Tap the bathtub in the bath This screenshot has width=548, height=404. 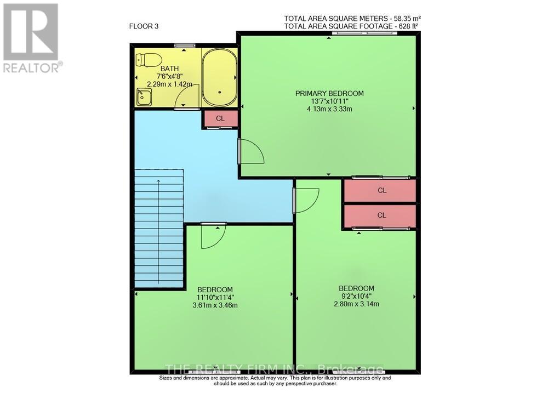click(x=219, y=77)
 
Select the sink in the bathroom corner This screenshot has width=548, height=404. click(x=144, y=98)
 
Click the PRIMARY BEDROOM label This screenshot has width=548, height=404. click(x=329, y=93)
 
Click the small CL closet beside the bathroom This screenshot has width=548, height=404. click(x=220, y=118)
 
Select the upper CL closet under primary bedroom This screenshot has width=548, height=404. click(x=382, y=191)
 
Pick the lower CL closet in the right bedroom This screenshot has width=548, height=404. click(x=382, y=215)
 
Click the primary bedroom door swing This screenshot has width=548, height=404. click(x=250, y=151)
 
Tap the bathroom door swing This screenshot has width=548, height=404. click(x=188, y=99)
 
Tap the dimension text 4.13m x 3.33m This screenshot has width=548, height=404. click(x=329, y=109)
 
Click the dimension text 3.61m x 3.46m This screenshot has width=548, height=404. click(x=215, y=305)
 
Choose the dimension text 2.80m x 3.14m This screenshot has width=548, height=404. click(x=356, y=304)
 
